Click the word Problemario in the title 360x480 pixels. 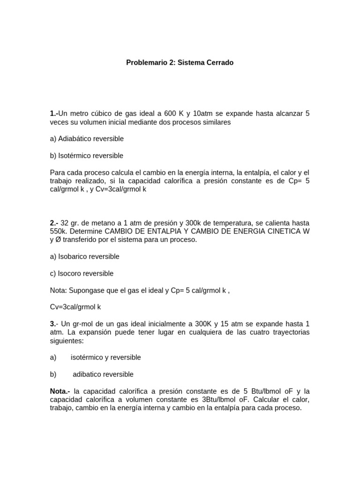coord(143,62)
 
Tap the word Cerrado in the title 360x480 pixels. coord(217,62)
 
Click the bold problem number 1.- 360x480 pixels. coord(54,113)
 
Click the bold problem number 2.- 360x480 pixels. coord(54,223)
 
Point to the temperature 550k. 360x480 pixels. coord(59,231)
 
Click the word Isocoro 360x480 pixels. coord(70,273)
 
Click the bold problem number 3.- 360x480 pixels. coord(54,324)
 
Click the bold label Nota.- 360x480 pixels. coord(60,391)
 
